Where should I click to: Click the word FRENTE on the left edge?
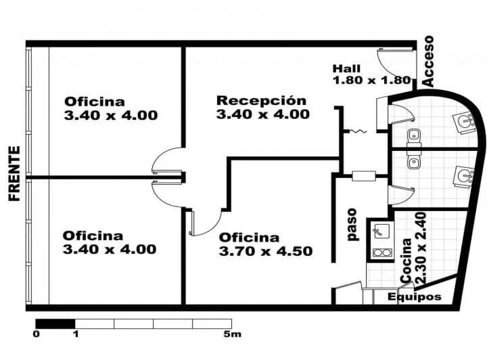tap(14, 174)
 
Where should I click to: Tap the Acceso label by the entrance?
tap(428, 61)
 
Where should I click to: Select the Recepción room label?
tap(261, 101)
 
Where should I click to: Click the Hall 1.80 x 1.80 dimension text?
tap(372, 74)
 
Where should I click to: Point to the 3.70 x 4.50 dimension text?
tap(266, 251)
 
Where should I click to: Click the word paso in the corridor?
tap(352, 225)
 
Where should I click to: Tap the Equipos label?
tap(415, 297)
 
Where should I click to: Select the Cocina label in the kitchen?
tap(407, 261)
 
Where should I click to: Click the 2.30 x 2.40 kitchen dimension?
tap(421, 248)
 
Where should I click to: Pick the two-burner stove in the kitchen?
tap(381, 252)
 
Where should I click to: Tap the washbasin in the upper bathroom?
tap(464, 122)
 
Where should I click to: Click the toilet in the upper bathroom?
tap(414, 138)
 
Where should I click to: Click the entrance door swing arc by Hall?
tap(384, 71)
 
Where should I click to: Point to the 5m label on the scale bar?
tap(232, 334)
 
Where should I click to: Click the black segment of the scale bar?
tap(55, 323)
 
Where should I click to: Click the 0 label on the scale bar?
tap(37, 334)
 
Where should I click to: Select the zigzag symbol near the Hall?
tap(358, 132)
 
